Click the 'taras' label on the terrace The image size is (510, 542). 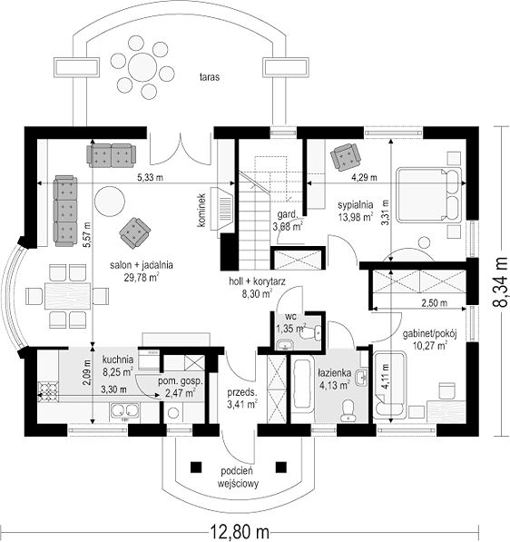coord(210,77)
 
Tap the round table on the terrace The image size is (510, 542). coord(142,66)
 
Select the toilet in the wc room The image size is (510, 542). coord(311,332)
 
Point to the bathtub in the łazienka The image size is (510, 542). coord(302,382)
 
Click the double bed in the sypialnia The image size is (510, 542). coord(429,194)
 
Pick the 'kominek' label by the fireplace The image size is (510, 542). coord(201,210)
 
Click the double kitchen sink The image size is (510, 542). coord(124,410)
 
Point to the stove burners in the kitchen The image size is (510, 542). coord(47,391)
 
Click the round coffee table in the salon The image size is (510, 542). coord(110,201)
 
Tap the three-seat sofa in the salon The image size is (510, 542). coord(65,211)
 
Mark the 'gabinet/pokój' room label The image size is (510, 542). coord(430,334)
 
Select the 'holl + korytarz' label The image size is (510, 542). coord(257,281)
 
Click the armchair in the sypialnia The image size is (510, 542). coord(345,157)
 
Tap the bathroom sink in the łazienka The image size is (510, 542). coord(362,378)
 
